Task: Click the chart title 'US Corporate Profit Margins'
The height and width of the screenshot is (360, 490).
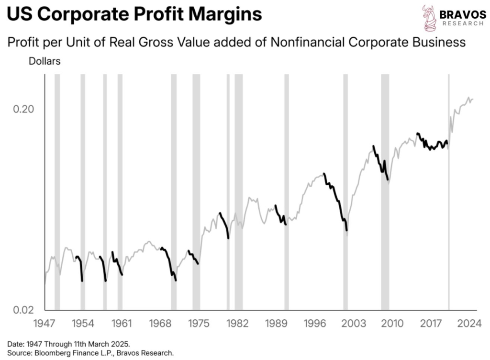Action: [135, 14]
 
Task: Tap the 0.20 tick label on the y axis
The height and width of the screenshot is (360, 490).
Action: [23, 109]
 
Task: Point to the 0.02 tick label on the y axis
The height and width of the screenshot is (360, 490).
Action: [23, 310]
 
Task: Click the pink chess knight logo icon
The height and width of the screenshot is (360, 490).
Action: [429, 18]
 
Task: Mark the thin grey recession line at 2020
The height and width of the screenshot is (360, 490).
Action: [449, 191]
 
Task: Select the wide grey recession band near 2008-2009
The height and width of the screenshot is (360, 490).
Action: [385, 191]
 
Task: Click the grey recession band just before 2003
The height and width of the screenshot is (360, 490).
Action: [345, 191]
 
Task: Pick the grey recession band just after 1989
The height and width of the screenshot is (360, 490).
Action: [286, 191]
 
